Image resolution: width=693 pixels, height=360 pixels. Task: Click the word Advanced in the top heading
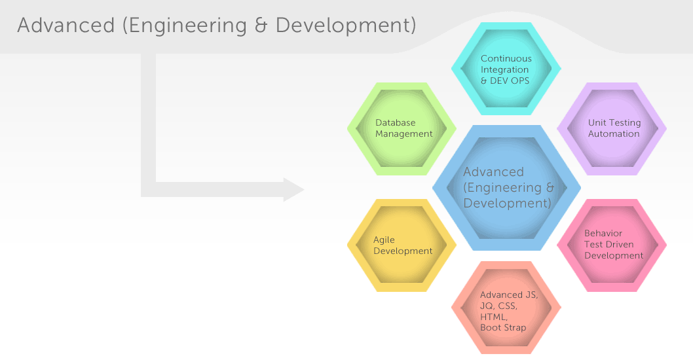click(66, 25)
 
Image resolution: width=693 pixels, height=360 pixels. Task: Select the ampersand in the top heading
click(261, 26)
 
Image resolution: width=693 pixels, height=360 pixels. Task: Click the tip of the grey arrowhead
click(305, 190)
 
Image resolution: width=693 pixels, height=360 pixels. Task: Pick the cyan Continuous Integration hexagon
click(506, 69)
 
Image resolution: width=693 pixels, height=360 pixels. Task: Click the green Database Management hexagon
click(402, 129)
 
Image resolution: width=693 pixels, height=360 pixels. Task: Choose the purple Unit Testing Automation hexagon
click(612, 129)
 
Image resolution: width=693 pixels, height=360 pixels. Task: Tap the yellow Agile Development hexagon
click(402, 245)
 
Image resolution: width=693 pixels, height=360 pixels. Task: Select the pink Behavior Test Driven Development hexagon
click(612, 245)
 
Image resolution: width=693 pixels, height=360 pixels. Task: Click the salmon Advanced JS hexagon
click(506, 308)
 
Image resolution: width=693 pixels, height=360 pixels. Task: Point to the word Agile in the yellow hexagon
click(384, 240)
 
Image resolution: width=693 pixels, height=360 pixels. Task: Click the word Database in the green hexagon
click(396, 122)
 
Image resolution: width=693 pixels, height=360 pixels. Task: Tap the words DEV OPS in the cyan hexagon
click(510, 81)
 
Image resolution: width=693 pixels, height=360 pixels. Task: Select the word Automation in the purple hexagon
click(614, 134)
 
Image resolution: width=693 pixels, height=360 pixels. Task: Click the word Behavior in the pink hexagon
click(603, 233)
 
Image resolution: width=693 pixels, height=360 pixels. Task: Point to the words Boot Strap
click(503, 328)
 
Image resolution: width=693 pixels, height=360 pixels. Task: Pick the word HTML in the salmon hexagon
click(494, 317)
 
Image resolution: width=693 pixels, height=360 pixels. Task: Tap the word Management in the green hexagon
click(404, 134)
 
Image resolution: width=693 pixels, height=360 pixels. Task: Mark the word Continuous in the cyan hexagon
click(506, 58)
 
